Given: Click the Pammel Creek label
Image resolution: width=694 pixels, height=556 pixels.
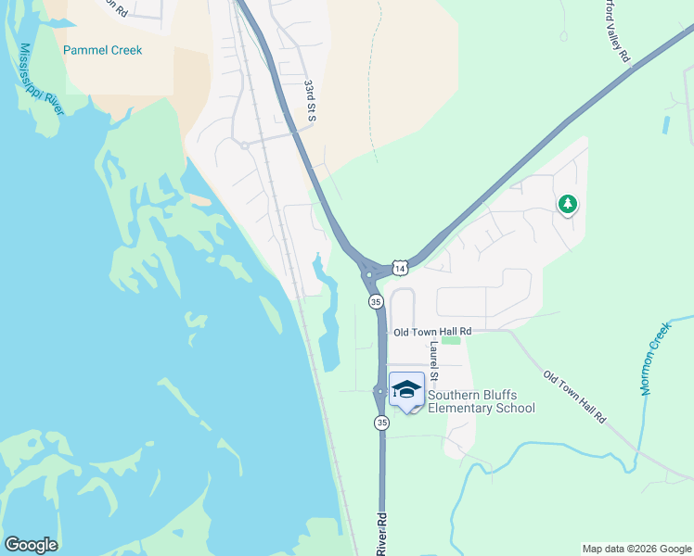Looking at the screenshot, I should (102, 50).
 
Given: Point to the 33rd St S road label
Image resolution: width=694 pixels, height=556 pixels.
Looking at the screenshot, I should (310, 100).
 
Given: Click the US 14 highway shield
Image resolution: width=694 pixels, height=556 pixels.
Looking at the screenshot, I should (399, 268).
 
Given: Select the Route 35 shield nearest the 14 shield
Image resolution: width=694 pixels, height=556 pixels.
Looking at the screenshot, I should (376, 302).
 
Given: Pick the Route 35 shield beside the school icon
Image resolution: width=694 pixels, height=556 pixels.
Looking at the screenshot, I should (381, 423).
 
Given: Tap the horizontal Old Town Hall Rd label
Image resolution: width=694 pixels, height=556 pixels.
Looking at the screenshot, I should (432, 332).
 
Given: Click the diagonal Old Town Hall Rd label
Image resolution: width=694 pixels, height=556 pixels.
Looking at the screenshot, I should (574, 398).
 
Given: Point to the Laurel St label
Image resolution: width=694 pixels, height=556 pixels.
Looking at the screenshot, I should (433, 362).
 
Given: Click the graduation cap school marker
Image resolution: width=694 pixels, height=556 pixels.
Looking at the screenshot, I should (406, 387).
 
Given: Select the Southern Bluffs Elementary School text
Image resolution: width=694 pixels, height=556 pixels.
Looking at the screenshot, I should (481, 401).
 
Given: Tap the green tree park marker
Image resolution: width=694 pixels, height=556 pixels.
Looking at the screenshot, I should (566, 203).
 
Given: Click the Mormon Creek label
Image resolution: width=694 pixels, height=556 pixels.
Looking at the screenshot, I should (654, 360).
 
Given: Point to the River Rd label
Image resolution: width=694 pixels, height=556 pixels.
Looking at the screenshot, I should (381, 535).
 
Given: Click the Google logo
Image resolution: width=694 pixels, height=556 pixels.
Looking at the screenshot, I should (31, 545).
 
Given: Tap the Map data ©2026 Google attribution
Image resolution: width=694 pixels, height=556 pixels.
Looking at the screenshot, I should (636, 549).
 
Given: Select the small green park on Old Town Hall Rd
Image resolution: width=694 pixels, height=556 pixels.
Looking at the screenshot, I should (451, 341).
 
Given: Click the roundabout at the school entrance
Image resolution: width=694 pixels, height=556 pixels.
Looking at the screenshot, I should (380, 392).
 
